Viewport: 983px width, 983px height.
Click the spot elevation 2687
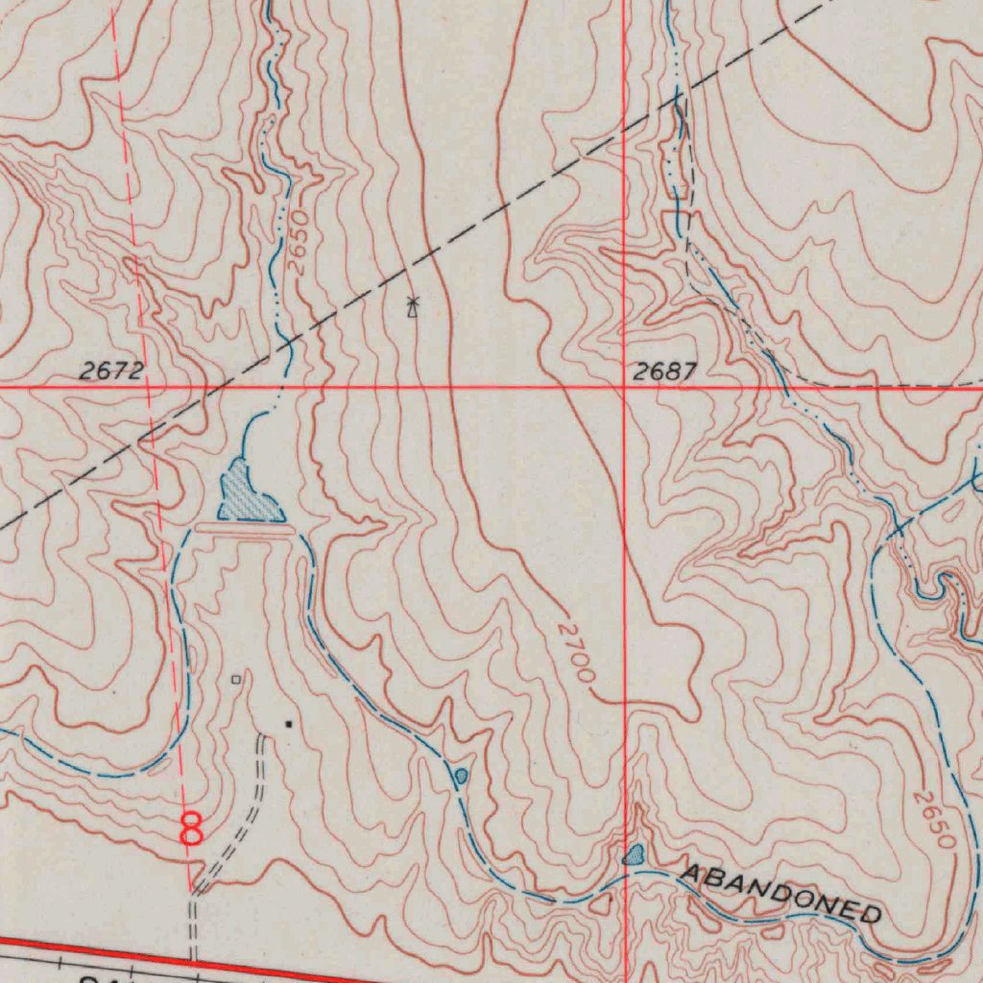[x=664, y=372]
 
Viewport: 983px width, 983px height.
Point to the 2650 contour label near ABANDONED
[x=934, y=819]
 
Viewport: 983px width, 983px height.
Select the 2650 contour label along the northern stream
[x=298, y=244]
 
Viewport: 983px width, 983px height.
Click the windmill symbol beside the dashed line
[x=413, y=307]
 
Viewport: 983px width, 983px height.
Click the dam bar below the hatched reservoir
[x=242, y=527]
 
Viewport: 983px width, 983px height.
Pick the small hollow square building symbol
[x=236, y=680]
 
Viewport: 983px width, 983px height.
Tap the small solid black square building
[x=287, y=724]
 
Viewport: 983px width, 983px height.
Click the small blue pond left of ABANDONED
[x=634, y=854]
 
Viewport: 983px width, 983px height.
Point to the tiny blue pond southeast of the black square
[x=461, y=775]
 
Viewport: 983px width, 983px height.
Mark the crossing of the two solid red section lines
[x=625, y=388]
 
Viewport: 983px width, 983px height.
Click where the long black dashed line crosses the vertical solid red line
[x=625, y=126]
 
